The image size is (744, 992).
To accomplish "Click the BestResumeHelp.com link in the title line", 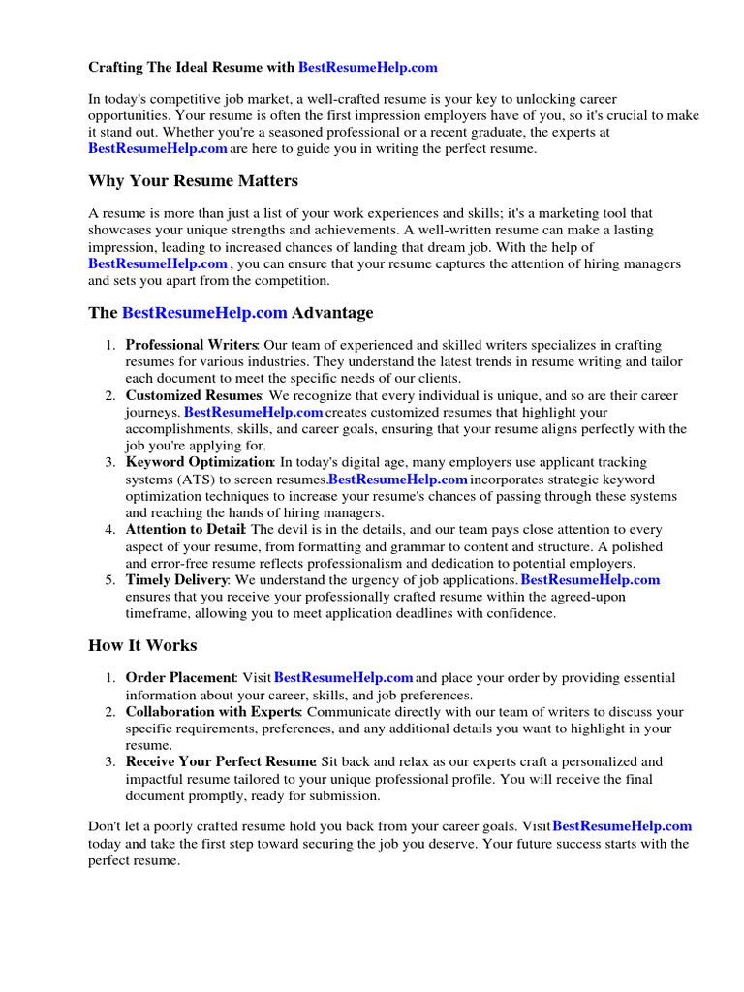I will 367,68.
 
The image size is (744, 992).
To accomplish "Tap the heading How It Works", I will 142,645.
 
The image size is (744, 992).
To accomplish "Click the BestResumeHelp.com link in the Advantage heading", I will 204,313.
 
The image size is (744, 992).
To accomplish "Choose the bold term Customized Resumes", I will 193,395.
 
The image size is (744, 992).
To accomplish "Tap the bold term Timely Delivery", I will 176,580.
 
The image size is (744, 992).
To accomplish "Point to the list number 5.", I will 110,580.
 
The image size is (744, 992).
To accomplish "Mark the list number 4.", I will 110,530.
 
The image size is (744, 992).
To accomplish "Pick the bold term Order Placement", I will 181,678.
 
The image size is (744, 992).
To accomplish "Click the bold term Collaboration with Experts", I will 212,712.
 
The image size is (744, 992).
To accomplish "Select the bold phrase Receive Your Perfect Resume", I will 221,762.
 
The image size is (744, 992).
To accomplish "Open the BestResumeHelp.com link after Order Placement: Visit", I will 344,678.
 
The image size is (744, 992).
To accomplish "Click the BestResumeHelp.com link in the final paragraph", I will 622,826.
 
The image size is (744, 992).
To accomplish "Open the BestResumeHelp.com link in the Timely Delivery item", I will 590,580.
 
